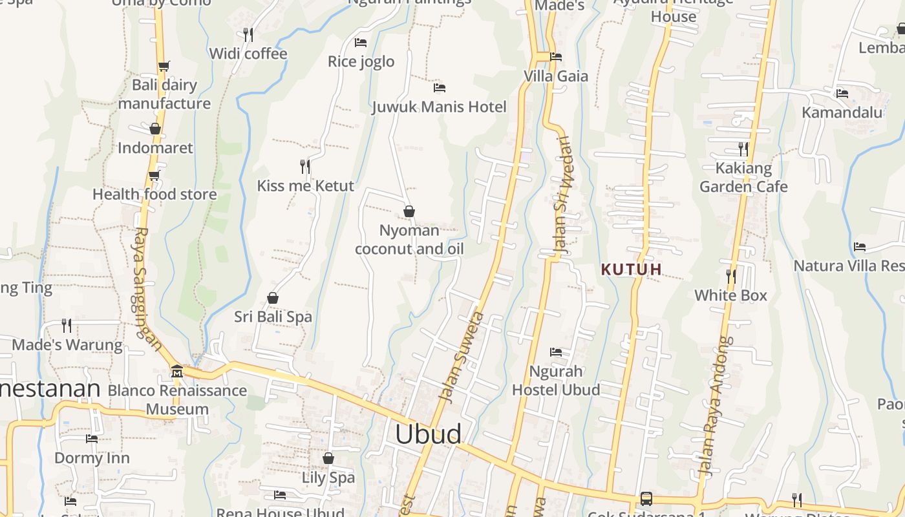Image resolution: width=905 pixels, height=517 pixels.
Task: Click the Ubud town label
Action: [428, 434]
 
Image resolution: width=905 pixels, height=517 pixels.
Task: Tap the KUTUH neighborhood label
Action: [632, 269]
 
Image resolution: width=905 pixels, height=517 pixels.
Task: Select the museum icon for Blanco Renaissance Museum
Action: [176, 372]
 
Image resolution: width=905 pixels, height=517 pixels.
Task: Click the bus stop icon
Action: [646, 499]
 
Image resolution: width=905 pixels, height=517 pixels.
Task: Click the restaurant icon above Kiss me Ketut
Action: [305, 167]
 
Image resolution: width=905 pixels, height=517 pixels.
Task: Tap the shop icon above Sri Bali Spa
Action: [273, 298]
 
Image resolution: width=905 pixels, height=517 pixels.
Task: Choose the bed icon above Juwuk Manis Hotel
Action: [440, 88]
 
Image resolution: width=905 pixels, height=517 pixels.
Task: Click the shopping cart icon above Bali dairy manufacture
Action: [164, 66]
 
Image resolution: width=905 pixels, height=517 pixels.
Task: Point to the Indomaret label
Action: [155, 148]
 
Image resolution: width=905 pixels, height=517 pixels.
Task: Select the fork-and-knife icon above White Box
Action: [730, 277]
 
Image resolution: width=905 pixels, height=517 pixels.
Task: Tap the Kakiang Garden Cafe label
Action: [743, 178]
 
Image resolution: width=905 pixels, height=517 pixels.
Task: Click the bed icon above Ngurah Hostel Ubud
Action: [556, 352]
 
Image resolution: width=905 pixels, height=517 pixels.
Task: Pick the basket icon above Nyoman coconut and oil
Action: [409, 211]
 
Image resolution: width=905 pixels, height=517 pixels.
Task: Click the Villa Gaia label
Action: [556, 76]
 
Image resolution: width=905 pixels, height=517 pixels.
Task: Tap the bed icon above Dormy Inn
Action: [92, 439]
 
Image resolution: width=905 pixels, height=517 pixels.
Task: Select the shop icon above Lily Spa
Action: [328, 458]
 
